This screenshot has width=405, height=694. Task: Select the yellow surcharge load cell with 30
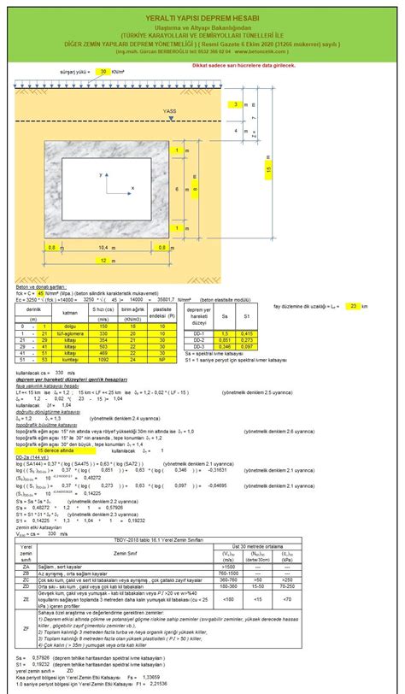[103, 73]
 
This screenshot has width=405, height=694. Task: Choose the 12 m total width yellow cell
[102, 261]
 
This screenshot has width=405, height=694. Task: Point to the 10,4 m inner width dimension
[102, 247]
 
